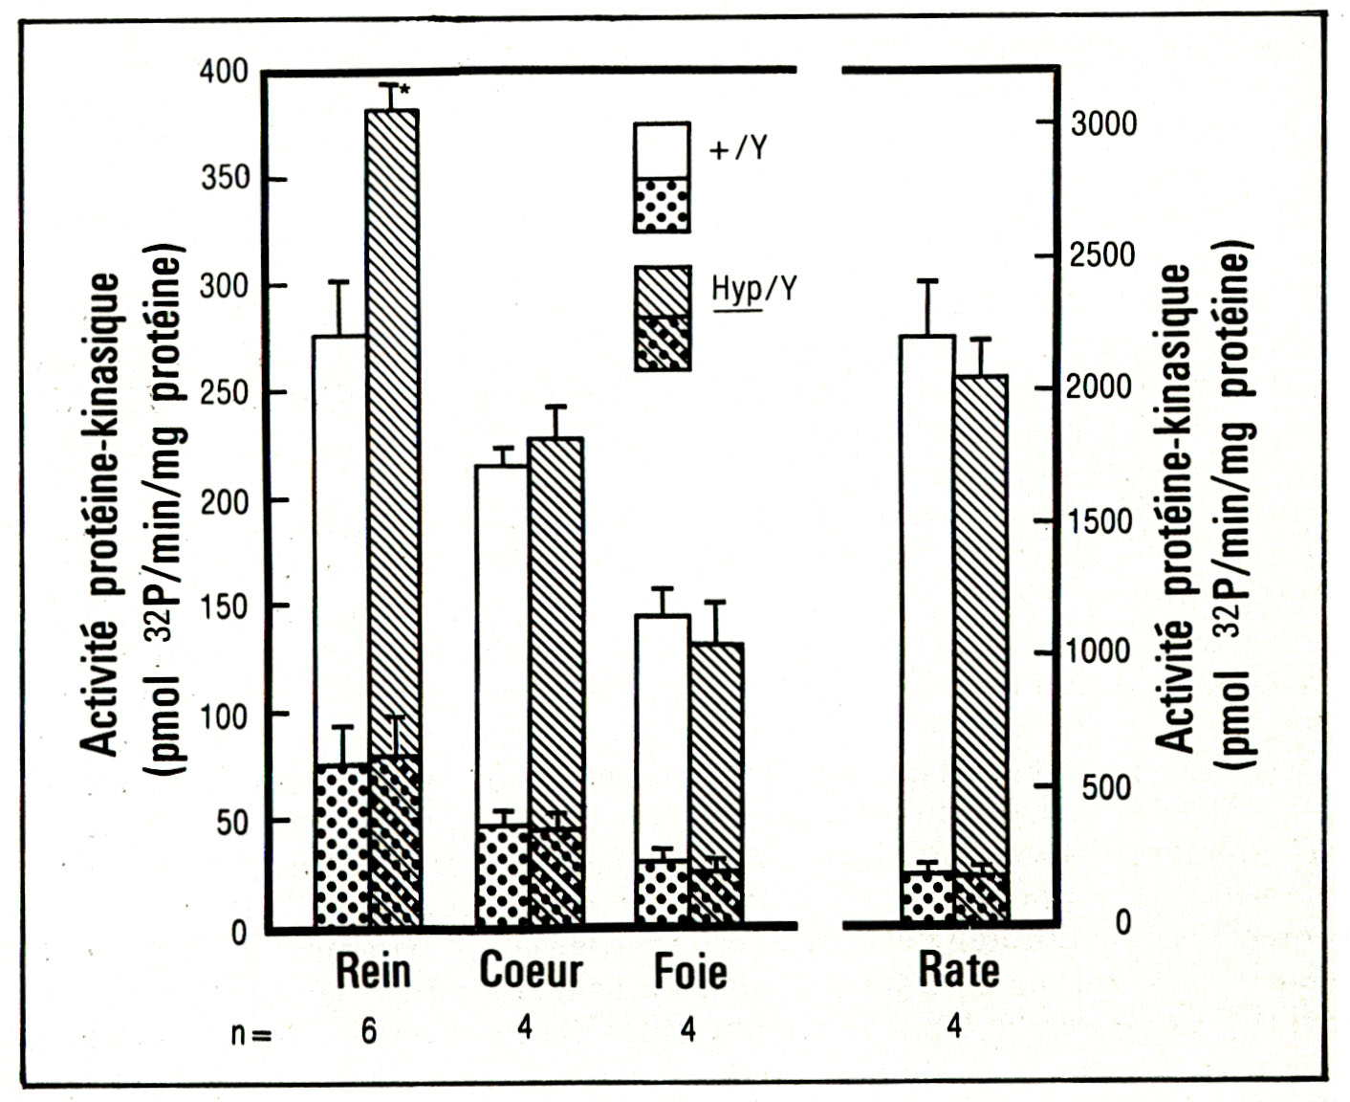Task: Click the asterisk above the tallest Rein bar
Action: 405,90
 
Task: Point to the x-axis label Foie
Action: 689,972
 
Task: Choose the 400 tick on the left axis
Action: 224,73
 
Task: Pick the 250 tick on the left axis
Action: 224,393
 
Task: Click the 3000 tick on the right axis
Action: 1102,123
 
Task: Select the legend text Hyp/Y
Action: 753,287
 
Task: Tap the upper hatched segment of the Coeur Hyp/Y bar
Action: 555,631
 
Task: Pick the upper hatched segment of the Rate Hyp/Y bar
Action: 981,622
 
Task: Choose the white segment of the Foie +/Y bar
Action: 662,737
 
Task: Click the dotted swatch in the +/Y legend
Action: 661,204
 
